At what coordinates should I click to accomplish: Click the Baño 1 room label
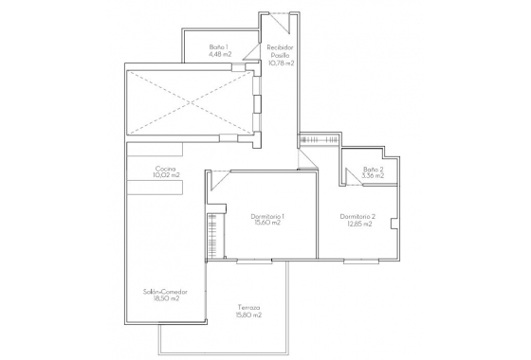point(220,46)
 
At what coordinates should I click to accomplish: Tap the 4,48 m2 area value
point(220,54)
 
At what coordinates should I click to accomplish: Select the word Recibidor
point(281,47)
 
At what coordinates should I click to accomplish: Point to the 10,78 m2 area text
point(281,63)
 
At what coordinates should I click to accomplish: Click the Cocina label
point(166,169)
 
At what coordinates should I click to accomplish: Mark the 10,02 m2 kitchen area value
point(166,176)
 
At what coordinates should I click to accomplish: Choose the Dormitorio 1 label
point(268,217)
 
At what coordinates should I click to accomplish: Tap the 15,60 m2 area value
point(268,225)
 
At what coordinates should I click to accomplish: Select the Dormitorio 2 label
point(358,217)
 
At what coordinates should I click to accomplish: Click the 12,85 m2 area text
point(358,225)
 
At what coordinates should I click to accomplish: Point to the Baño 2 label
point(373,168)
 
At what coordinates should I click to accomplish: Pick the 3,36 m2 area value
point(373,175)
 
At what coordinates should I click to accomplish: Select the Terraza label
point(248,308)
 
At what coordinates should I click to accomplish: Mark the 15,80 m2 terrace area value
point(248,315)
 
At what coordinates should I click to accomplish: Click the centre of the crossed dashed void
point(190,101)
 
